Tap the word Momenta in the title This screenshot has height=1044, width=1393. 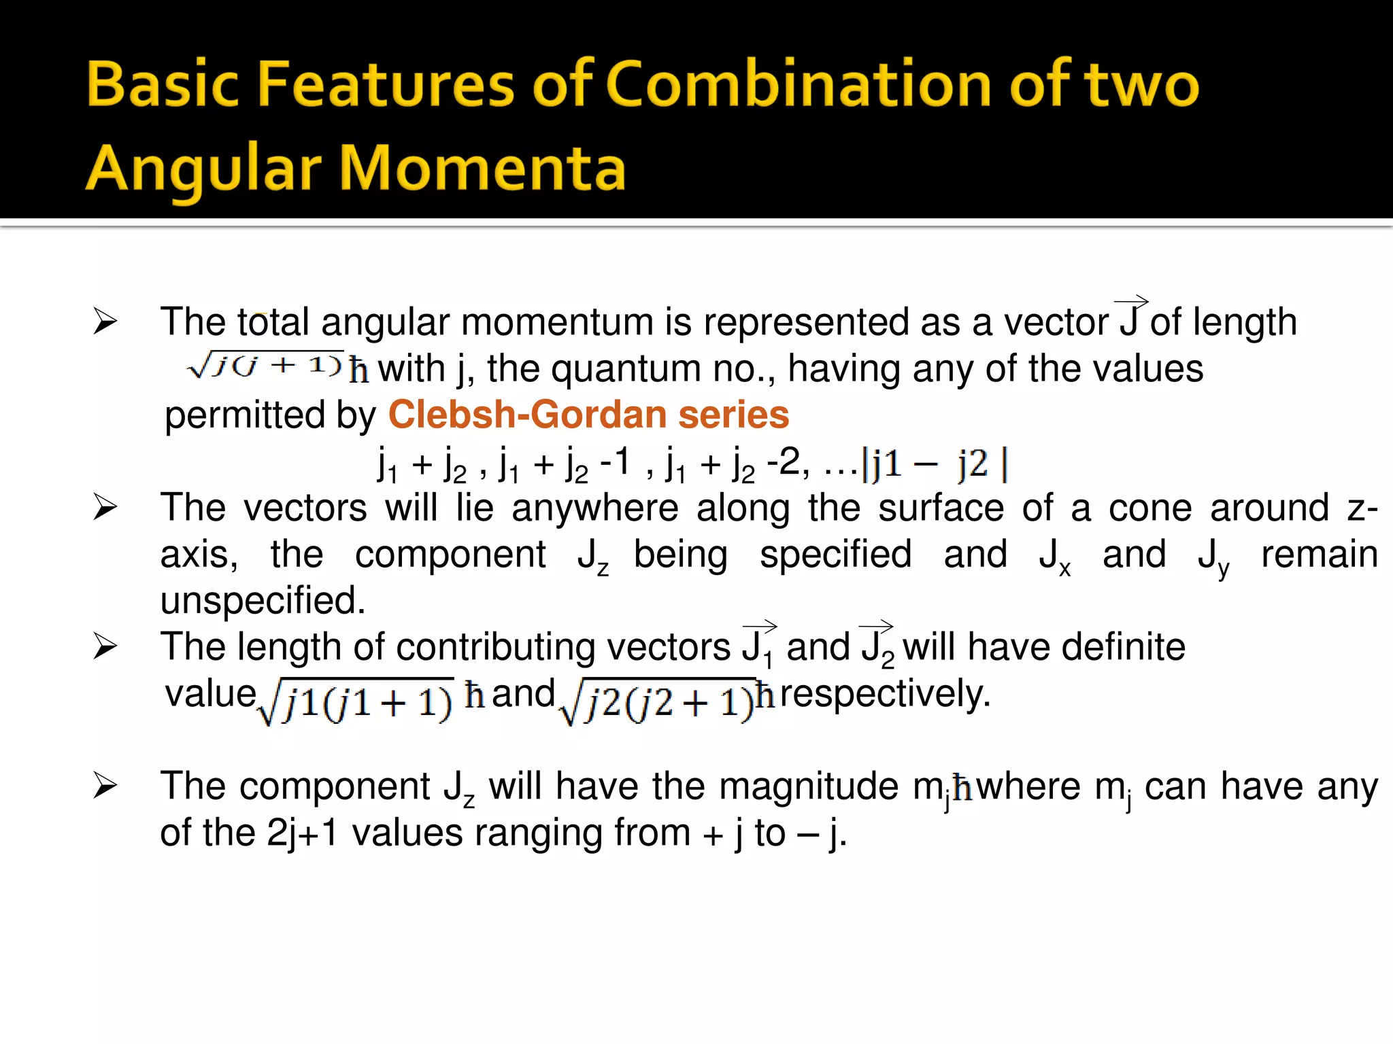coord(482,168)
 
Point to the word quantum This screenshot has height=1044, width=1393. coord(626,369)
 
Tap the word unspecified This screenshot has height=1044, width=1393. coord(263,600)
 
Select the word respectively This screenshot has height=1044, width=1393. coord(885,693)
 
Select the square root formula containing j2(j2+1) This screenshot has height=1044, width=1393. coord(657,701)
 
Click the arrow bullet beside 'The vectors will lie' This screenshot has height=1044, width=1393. coord(105,507)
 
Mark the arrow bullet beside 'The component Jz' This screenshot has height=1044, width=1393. coord(105,786)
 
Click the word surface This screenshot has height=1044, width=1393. coord(941,508)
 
